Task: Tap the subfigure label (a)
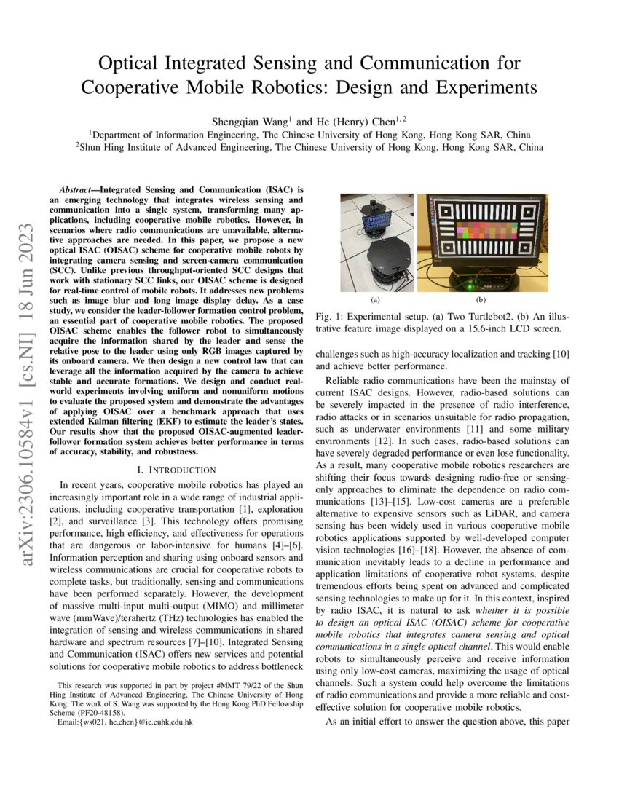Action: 377,299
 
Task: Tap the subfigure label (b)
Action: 481,299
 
